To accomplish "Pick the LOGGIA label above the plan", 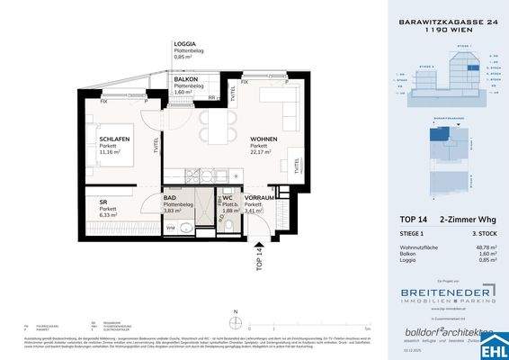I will tap(184, 44).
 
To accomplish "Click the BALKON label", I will tap(186, 79).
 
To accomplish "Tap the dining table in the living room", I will tap(216, 127).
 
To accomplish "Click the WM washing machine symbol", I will tap(147, 228).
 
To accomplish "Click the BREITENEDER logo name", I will tap(434, 293).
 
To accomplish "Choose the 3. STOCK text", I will tap(481, 232).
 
